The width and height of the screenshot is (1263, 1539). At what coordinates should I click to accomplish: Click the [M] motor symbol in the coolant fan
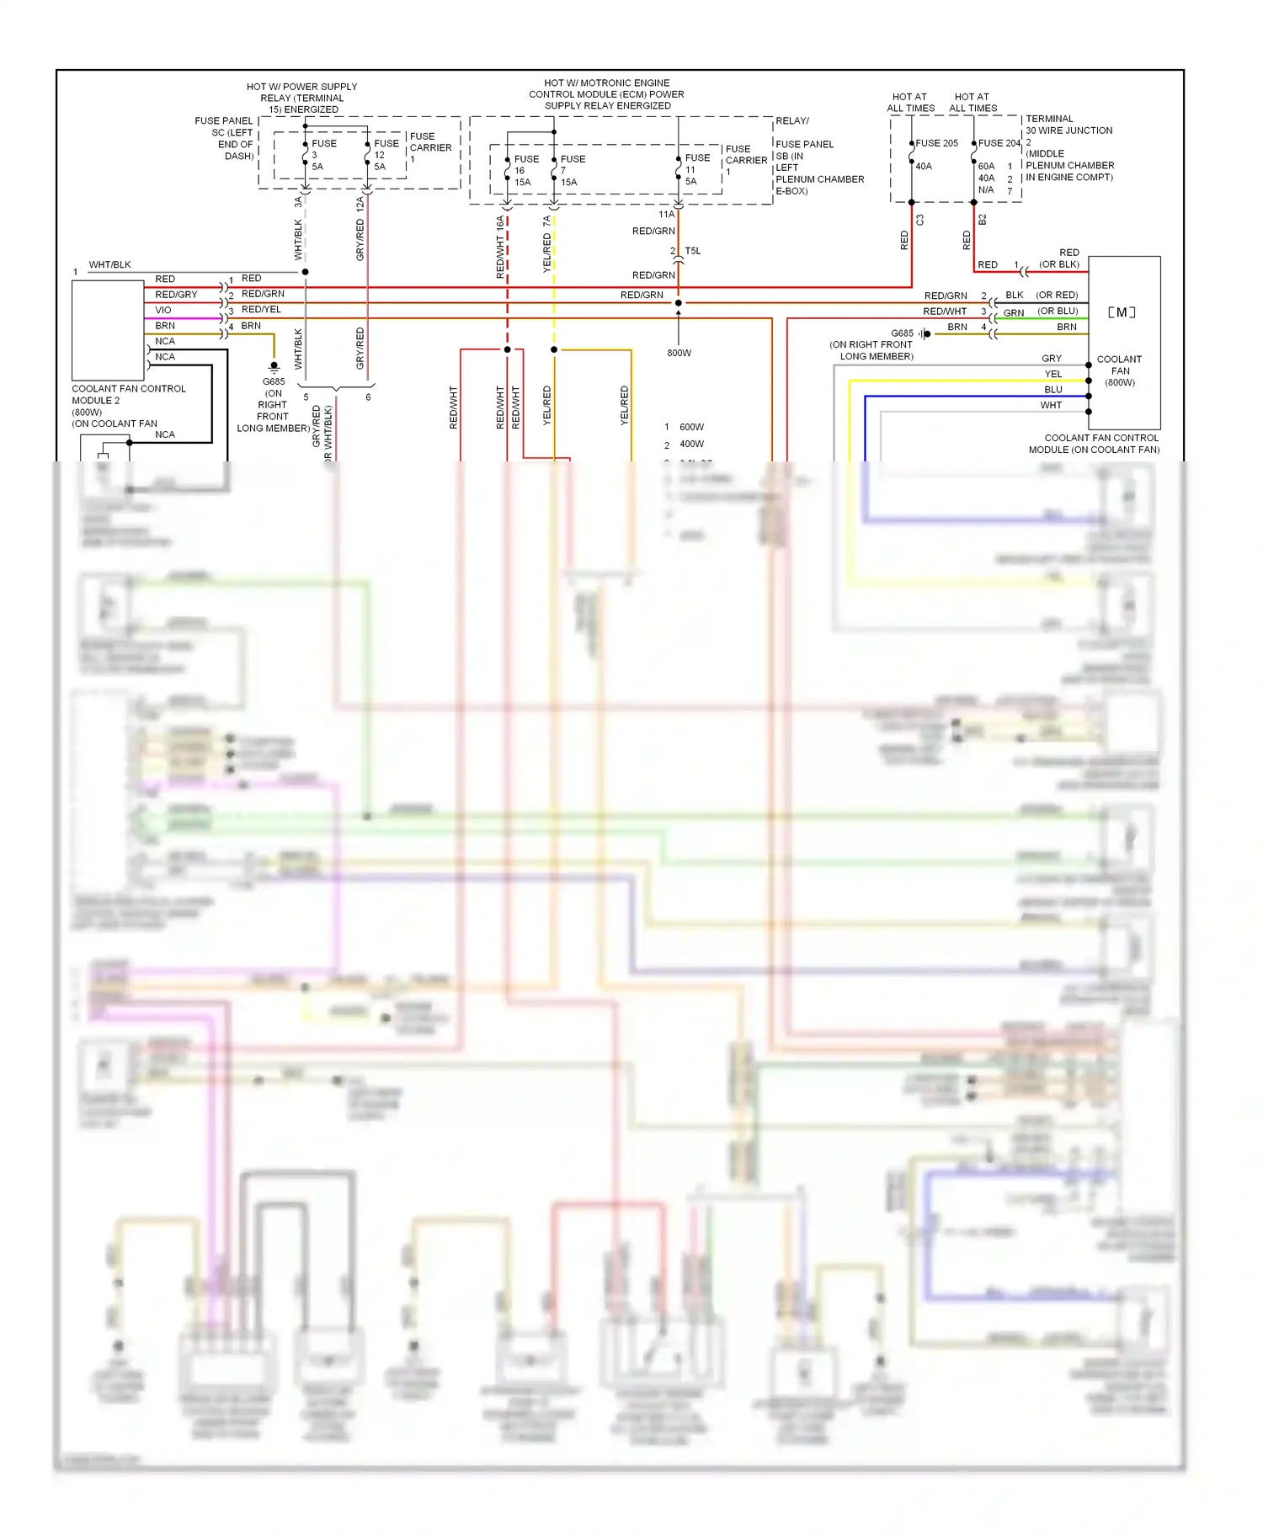point(1121,312)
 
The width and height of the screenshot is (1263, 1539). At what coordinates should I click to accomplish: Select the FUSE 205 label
point(936,143)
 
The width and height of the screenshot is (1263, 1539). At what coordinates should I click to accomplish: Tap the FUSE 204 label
point(999,143)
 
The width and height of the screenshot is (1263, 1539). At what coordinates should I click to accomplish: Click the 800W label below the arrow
point(679,353)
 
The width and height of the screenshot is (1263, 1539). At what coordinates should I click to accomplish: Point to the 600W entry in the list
point(691,427)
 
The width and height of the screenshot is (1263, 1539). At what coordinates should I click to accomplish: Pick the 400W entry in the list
point(691,444)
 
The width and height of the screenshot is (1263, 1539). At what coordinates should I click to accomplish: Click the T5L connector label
point(692,251)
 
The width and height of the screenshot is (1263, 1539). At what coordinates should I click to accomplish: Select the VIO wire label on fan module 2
point(163,310)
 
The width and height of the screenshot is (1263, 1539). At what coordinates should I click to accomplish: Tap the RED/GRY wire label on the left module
point(176,295)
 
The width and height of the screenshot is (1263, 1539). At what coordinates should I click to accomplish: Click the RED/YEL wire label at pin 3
point(261,309)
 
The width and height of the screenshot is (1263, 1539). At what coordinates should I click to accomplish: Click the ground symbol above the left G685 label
point(274,367)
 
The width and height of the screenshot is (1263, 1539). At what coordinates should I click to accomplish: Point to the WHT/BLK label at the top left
point(109,264)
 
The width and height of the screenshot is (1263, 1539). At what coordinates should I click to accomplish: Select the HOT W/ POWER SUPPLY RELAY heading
point(301,98)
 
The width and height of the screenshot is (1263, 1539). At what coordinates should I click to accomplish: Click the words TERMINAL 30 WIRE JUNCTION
point(1068,125)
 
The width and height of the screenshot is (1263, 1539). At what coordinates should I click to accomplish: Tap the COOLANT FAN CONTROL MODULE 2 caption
point(129,394)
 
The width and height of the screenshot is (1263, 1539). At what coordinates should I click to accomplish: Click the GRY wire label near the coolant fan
point(1052,359)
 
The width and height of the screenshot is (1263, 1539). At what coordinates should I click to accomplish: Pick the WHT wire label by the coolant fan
point(1051,405)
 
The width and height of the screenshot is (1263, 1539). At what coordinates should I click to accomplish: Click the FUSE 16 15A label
point(525,170)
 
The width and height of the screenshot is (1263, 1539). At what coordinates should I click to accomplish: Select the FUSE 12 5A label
point(386,155)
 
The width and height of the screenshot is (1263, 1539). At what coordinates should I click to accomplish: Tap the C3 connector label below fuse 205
point(920,220)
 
